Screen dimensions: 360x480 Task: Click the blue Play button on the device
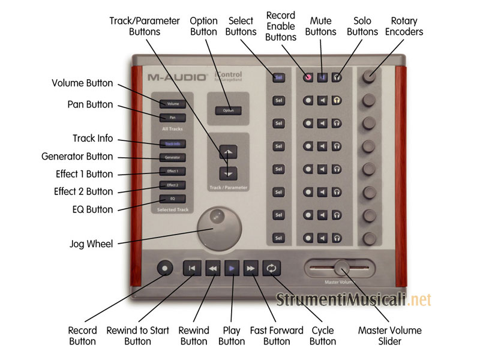(232, 268)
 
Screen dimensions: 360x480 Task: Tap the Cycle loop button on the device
(271, 268)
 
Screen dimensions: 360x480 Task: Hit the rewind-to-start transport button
(191, 268)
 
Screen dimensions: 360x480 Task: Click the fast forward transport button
(251, 268)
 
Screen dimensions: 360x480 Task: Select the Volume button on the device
(173, 104)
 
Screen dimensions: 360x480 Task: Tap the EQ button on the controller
(173, 198)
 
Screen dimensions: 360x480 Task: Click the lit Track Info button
(173, 144)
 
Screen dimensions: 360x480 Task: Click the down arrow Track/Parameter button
(228, 173)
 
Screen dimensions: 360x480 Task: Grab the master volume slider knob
(341, 266)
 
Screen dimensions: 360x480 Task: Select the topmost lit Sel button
(278, 77)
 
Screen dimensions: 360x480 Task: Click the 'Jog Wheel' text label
(91, 244)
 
